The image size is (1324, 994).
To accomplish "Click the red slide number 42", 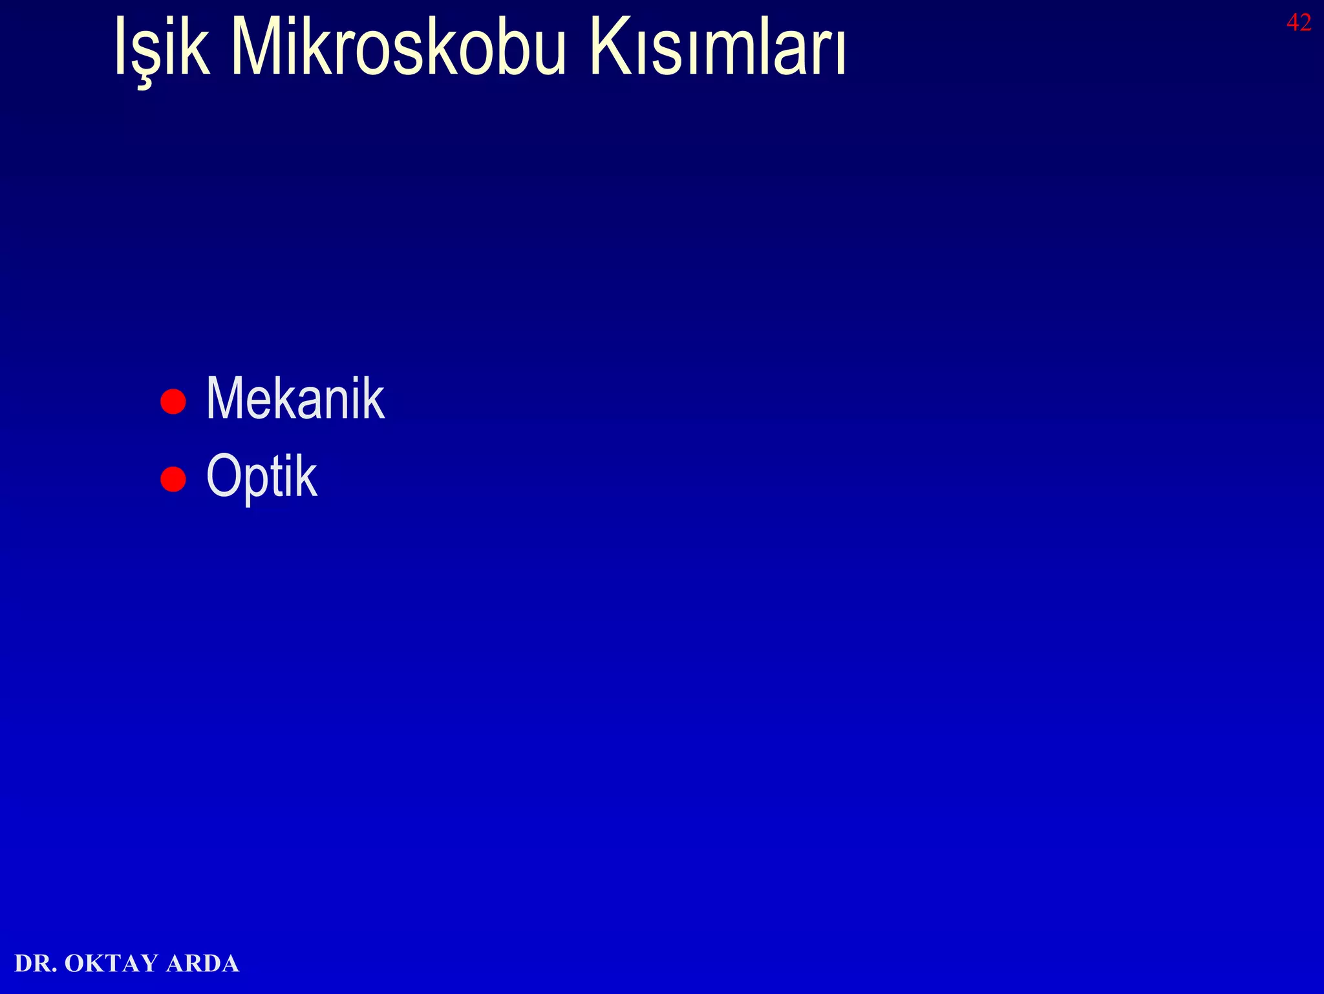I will pyautogui.click(x=1299, y=23).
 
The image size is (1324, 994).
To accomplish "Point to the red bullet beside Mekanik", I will pyautogui.click(x=173, y=401).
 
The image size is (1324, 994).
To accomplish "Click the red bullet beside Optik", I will pyautogui.click(x=173, y=479).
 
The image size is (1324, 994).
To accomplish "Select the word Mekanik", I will pyautogui.click(x=295, y=399).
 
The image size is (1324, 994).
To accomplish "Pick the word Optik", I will pyautogui.click(x=262, y=477).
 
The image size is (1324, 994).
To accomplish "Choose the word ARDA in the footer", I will pyautogui.click(x=202, y=964).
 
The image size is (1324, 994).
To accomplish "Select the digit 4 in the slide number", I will pyautogui.click(x=1293, y=23).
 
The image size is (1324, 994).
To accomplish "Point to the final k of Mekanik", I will pyautogui.click(x=374, y=399).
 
